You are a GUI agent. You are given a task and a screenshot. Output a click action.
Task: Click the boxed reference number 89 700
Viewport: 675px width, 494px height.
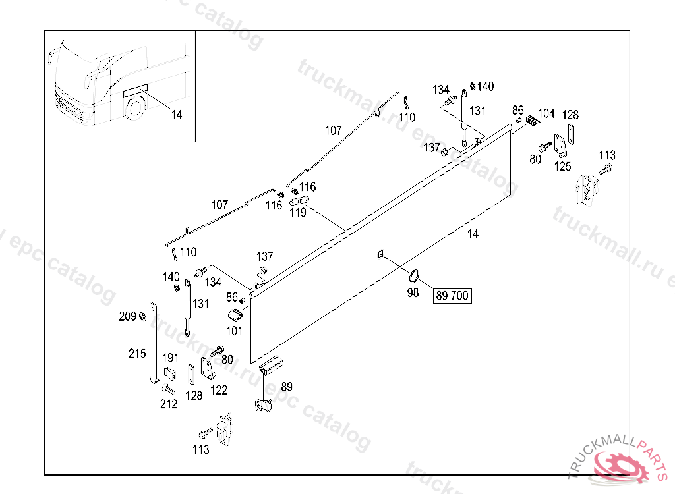[452, 296]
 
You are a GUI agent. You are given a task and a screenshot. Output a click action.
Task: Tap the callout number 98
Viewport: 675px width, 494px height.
[413, 293]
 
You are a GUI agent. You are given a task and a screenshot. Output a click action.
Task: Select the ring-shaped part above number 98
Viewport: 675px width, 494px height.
[415, 276]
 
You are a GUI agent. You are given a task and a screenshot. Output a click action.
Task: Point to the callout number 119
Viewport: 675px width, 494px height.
[299, 213]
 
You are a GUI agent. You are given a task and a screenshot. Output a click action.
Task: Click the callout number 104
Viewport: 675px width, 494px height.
[546, 113]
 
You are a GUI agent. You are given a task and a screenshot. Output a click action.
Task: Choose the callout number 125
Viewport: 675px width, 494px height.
[562, 166]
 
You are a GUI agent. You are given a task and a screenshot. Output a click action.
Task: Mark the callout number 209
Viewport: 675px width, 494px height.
[128, 317]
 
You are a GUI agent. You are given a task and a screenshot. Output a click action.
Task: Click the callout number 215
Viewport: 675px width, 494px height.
[137, 354]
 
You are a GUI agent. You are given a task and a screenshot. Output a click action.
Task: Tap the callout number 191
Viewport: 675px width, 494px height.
[171, 358]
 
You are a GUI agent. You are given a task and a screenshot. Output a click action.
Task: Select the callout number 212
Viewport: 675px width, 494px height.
[169, 404]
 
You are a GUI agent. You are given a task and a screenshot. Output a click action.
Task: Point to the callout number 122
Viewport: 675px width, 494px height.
[219, 390]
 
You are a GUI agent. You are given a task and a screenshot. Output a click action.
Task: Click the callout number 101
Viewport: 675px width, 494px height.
[235, 329]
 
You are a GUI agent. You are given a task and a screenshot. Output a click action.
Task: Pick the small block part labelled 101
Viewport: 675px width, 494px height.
[236, 314]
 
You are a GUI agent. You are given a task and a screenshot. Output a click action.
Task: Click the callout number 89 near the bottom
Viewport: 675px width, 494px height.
[287, 387]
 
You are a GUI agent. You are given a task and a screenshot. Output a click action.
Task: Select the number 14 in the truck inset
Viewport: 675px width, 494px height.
[176, 115]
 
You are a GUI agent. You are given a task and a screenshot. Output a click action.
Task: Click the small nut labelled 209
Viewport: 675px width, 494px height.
[142, 317]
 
